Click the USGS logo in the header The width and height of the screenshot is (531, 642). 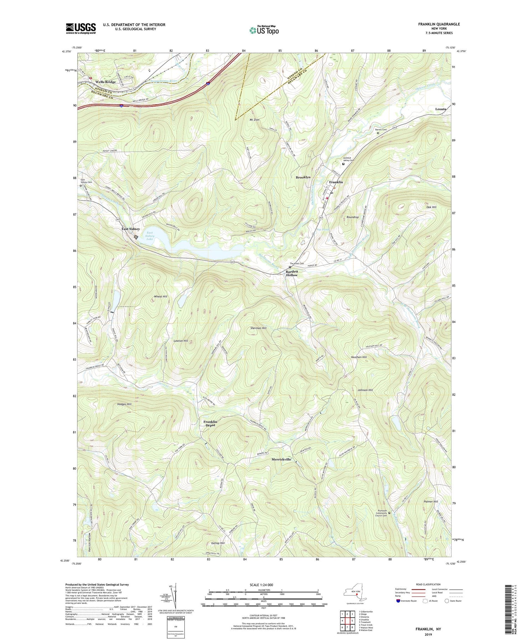[81, 28]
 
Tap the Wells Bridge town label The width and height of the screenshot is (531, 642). [105, 82]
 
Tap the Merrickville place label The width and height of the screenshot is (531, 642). [281, 459]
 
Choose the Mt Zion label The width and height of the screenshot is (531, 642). [255, 120]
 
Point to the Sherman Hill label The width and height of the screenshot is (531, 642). [258, 328]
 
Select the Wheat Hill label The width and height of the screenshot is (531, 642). [160, 296]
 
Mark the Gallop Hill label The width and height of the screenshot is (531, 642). [218, 543]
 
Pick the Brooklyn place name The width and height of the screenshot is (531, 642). [303, 177]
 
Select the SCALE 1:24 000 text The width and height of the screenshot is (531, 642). [263, 585]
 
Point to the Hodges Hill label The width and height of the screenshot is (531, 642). [124, 404]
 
